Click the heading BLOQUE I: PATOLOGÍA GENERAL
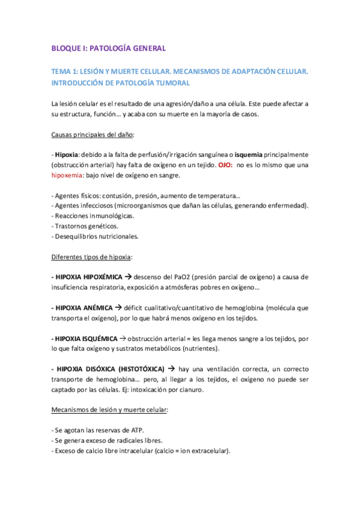click(x=108, y=48)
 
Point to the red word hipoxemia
click(x=69, y=175)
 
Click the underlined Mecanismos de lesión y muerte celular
click(x=110, y=410)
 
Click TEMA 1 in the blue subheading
click(x=66, y=72)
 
